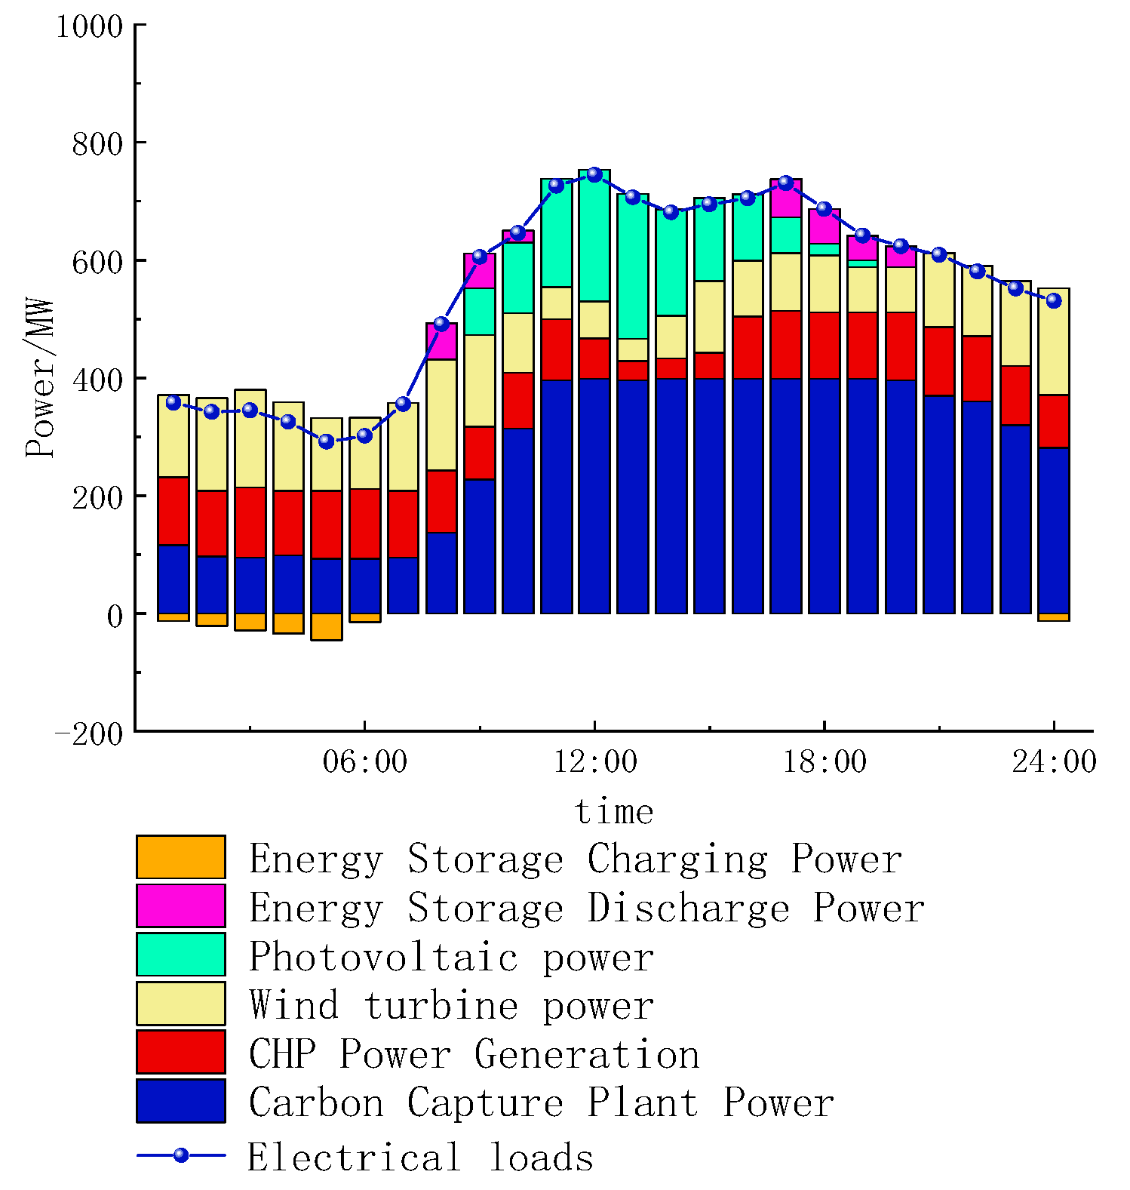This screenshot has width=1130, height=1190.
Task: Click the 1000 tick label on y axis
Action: (89, 26)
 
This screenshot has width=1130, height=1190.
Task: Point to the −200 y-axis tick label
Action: (89, 733)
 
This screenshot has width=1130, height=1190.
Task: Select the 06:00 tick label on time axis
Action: (364, 761)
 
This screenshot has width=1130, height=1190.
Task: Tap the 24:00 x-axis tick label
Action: (1054, 761)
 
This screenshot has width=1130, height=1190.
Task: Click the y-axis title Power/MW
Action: (39, 377)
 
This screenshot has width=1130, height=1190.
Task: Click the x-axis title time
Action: (613, 812)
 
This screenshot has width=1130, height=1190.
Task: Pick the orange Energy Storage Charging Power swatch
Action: (181, 857)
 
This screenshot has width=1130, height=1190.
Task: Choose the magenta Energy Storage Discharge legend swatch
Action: (181, 906)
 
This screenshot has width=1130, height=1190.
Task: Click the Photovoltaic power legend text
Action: (451, 957)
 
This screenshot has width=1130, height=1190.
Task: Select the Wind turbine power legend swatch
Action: (181, 1004)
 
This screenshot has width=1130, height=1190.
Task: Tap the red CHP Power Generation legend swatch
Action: (181, 1052)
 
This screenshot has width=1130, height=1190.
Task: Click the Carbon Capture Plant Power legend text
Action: (541, 1102)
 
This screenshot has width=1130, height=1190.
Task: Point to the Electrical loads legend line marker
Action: (181, 1155)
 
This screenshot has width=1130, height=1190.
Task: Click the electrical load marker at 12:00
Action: (594, 174)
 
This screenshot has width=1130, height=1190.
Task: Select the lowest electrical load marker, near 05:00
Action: (326, 441)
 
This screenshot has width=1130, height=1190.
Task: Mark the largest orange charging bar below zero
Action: (326, 627)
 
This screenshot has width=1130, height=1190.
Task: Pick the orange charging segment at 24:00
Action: (1054, 617)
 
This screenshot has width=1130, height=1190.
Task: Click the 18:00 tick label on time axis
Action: (824, 761)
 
